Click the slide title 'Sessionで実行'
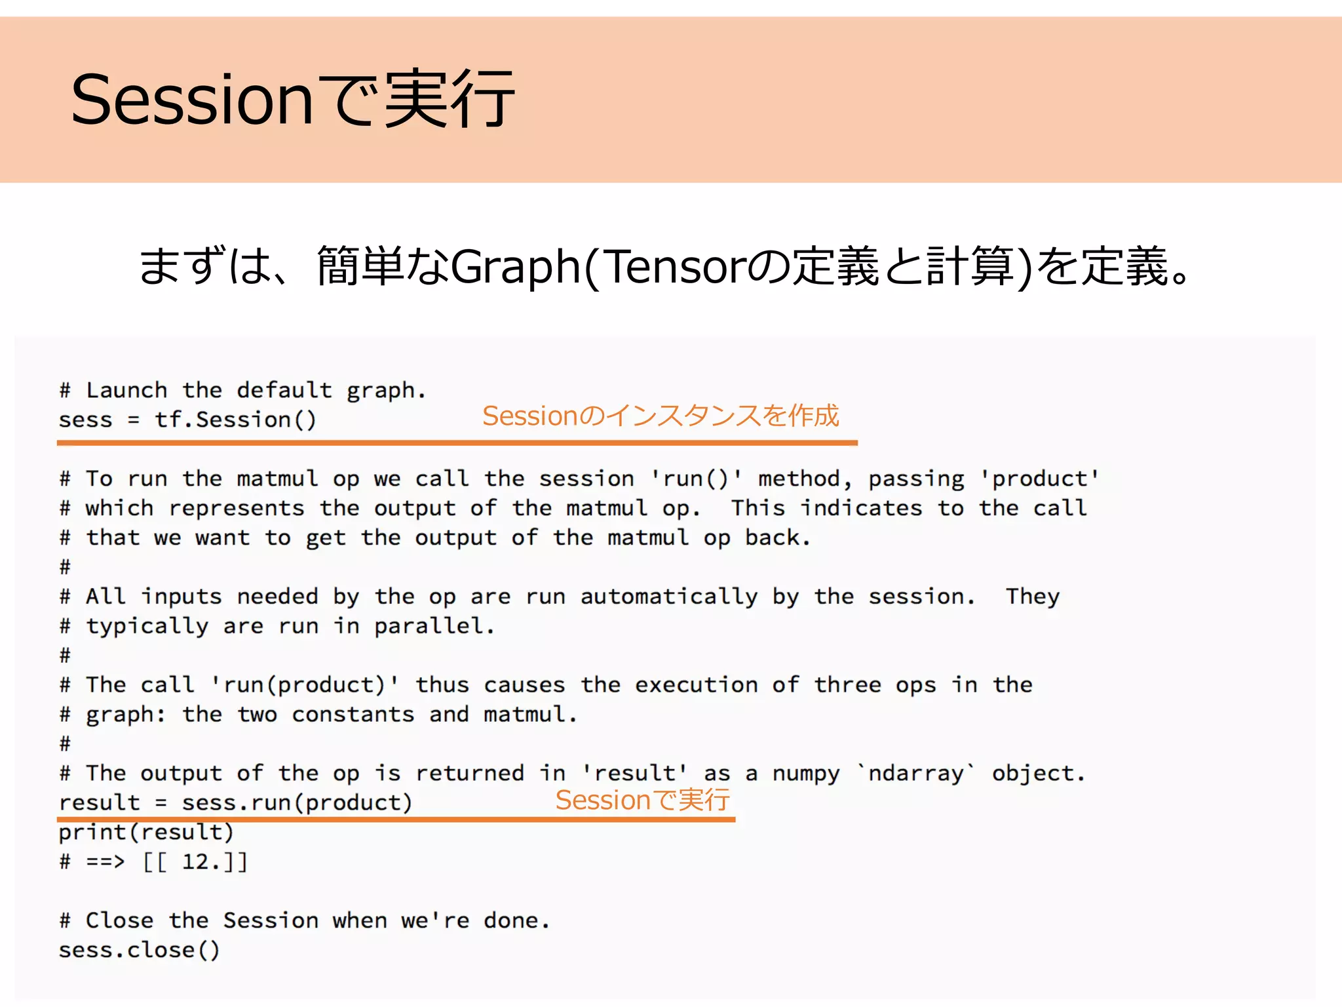pyautogui.click(x=292, y=100)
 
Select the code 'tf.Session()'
pyautogui.click(x=235, y=420)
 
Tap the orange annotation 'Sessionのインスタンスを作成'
pyautogui.click(x=661, y=416)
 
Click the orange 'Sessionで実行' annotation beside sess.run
pyautogui.click(x=642, y=800)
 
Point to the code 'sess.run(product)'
pyautogui.click(x=297, y=802)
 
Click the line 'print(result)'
pyautogui.click(x=146, y=833)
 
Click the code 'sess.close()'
pyautogui.click(x=139, y=950)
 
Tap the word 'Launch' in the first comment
pyautogui.click(x=126, y=390)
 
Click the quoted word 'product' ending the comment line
pyautogui.click(x=1039, y=479)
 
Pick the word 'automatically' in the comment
pyautogui.click(x=669, y=597)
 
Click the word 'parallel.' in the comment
pyautogui.click(x=434, y=626)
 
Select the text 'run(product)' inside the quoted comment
pyautogui.click(x=304, y=685)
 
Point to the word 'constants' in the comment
pyautogui.click(x=353, y=714)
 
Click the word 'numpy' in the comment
pyautogui.click(x=806, y=774)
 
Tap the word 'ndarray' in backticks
pyautogui.click(x=916, y=774)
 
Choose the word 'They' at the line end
pyautogui.click(x=1033, y=597)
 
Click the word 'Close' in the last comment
pyautogui.click(x=120, y=920)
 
